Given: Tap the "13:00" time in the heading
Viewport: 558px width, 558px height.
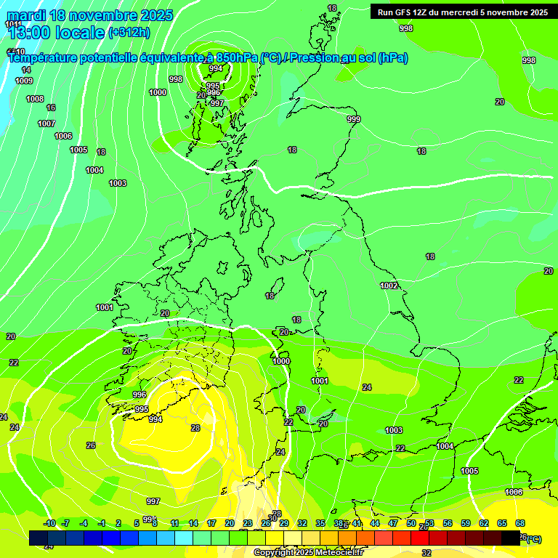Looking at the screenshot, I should click(28, 32).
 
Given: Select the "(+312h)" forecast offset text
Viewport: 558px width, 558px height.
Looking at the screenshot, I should click(129, 32).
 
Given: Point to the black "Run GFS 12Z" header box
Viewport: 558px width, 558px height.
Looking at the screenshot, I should click(462, 12).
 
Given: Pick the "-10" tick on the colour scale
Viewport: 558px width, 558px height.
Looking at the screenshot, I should click(49, 523).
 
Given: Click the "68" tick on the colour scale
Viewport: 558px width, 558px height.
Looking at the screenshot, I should click(520, 523).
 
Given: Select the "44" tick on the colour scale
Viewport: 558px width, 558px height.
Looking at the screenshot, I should click(375, 523).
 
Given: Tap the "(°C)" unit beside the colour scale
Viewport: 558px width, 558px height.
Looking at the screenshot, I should click(533, 539).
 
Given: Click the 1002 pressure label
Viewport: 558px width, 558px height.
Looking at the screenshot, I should click(389, 286).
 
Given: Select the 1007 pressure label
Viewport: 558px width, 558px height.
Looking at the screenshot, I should click(46, 124).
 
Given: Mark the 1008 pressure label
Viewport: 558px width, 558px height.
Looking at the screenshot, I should click(35, 99).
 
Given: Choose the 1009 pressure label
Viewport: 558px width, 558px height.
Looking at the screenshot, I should click(24, 81).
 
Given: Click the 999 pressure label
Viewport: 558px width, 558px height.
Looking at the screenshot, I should click(354, 119).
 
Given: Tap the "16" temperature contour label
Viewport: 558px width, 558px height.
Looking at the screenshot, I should click(51, 108).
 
